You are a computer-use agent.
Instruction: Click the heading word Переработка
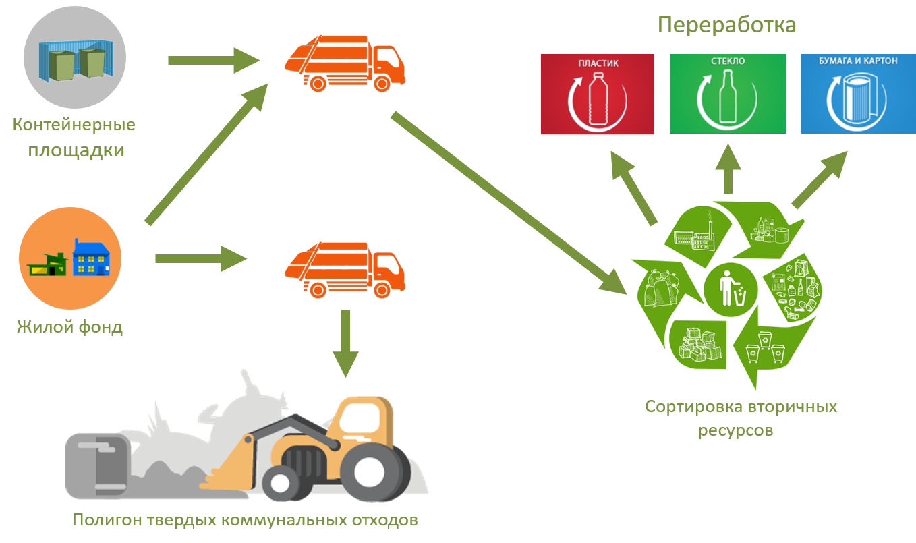[726, 26]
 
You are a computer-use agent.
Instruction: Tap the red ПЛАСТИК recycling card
[598, 94]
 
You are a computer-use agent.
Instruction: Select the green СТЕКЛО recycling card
[727, 94]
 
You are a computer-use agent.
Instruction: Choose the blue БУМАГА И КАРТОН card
[858, 94]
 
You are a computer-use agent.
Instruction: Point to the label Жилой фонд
[70, 328]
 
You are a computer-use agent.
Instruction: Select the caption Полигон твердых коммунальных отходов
[246, 521]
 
